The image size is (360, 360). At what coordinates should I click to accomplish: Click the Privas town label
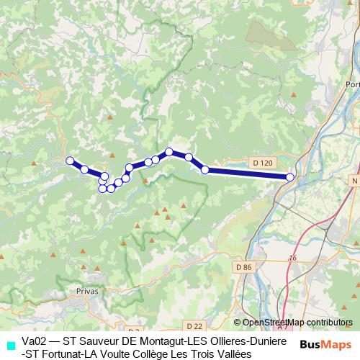pyautogui.click(x=86, y=291)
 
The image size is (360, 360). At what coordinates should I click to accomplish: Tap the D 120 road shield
pyautogui.click(x=264, y=163)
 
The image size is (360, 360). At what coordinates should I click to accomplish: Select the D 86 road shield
pyautogui.click(x=244, y=267)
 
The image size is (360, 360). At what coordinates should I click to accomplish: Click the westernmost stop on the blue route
pyautogui.click(x=71, y=161)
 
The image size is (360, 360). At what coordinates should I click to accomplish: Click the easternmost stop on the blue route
pyautogui.click(x=290, y=176)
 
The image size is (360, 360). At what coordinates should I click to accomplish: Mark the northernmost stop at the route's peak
pyautogui.click(x=169, y=152)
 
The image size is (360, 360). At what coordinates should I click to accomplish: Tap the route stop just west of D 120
pyautogui.click(x=205, y=170)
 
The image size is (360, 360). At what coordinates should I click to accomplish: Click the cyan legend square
pyautogui.click(x=10, y=345)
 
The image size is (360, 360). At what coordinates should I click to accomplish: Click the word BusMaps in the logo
pyautogui.click(x=325, y=345)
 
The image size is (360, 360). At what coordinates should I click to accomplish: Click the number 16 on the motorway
pyautogui.click(x=292, y=258)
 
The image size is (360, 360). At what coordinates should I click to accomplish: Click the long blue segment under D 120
pyautogui.click(x=248, y=173)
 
